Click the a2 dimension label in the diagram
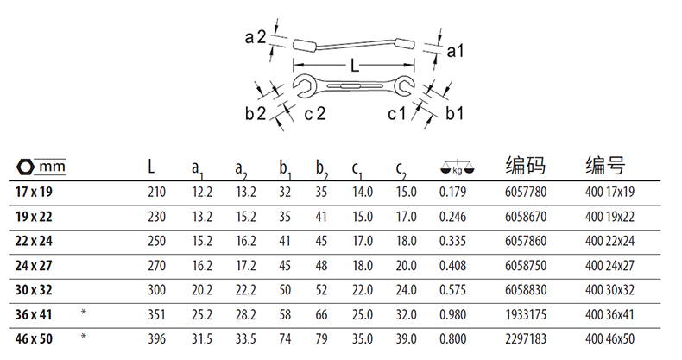(255, 37)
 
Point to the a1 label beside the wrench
(456, 51)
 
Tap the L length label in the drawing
(355, 66)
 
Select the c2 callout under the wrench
(315, 114)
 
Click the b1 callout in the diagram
(454, 113)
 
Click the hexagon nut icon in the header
(25, 167)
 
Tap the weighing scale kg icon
(458, 167)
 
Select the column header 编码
(526, 166)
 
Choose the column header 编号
(605, 166)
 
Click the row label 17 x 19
(34, 192)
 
